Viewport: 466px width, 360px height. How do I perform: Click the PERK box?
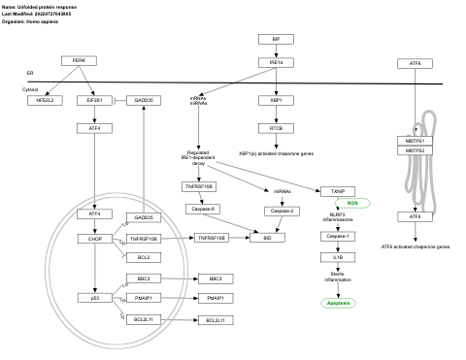tap(78, 60)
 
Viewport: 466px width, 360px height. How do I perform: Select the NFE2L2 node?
tap(45, 100)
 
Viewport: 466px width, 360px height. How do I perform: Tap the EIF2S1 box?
tap(94, 100)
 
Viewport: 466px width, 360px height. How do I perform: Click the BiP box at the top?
tap(276, 39)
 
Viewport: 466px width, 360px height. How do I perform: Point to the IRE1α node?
tap(276, 63)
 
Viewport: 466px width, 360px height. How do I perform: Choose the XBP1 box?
tap(276, 100)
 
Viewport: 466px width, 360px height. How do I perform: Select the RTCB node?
tap(276, 128)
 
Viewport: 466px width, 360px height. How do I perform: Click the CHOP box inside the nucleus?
tap(94, 238)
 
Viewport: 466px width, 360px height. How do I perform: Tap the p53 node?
tap(94, 298)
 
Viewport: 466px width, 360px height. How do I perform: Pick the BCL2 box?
tap(144, 257)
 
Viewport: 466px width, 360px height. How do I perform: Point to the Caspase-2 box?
tap(281, 210)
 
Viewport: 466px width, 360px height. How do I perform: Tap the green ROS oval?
tap(353, 202)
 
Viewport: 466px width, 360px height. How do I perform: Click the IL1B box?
tap(338, 257)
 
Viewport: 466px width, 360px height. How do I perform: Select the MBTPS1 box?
tap(415, 141)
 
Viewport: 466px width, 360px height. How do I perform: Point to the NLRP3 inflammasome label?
tap(337, 218)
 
